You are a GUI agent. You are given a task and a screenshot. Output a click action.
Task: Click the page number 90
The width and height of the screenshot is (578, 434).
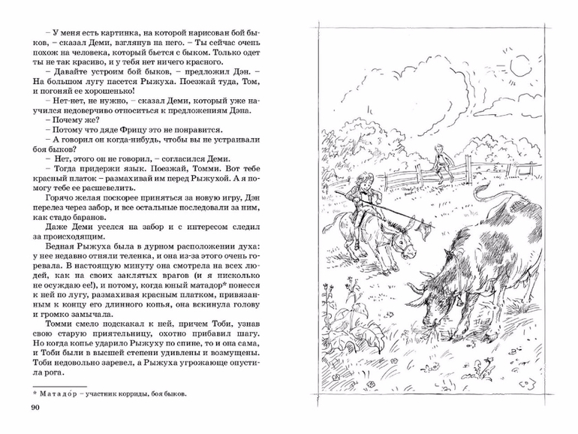click(35, 408)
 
